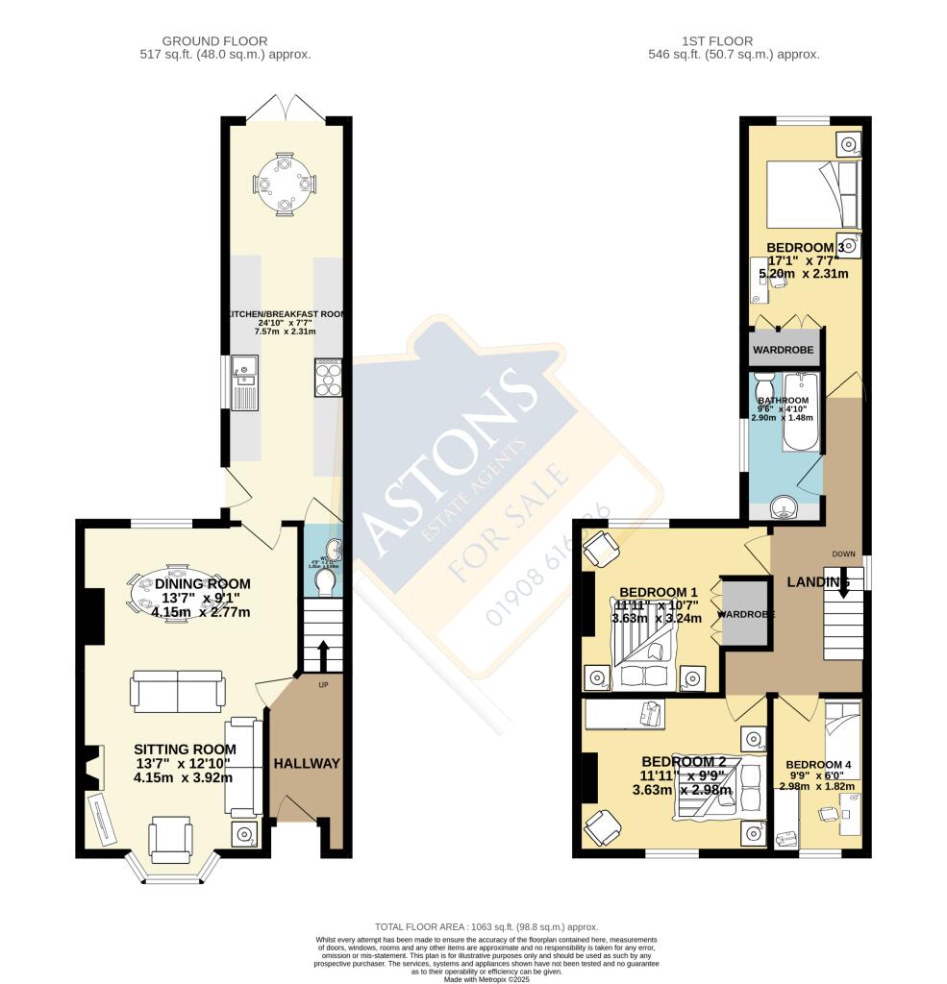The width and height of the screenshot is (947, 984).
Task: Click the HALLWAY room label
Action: point(307,764)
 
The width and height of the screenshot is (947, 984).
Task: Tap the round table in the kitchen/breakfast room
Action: point(285,182)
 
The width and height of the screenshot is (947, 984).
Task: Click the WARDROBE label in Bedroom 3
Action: point(785,350)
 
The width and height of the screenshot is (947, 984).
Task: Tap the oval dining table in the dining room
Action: point(176,594)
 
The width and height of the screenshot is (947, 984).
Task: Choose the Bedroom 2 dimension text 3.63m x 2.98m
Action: point(682,790)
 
